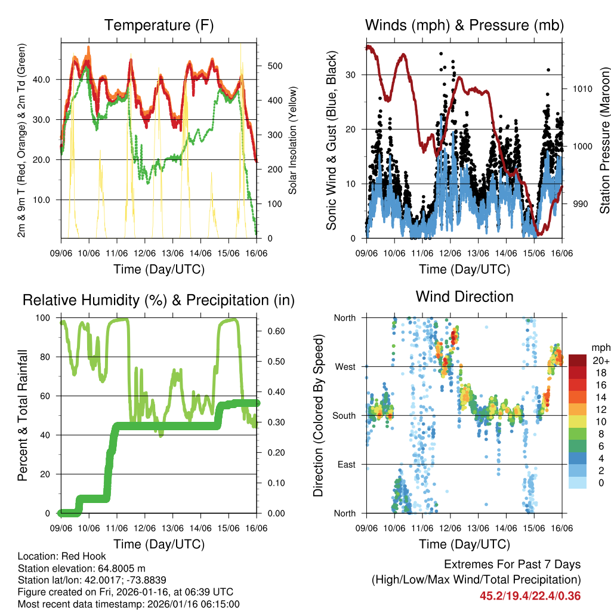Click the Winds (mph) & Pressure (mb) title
click(464, 26)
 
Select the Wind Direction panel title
click(464, 297)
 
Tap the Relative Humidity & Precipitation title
click(158, 300)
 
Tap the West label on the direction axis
click(345, 366)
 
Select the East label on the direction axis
click(345, 464)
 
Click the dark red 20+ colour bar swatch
click(578, 360)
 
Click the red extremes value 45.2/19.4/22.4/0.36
click(530, 595)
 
